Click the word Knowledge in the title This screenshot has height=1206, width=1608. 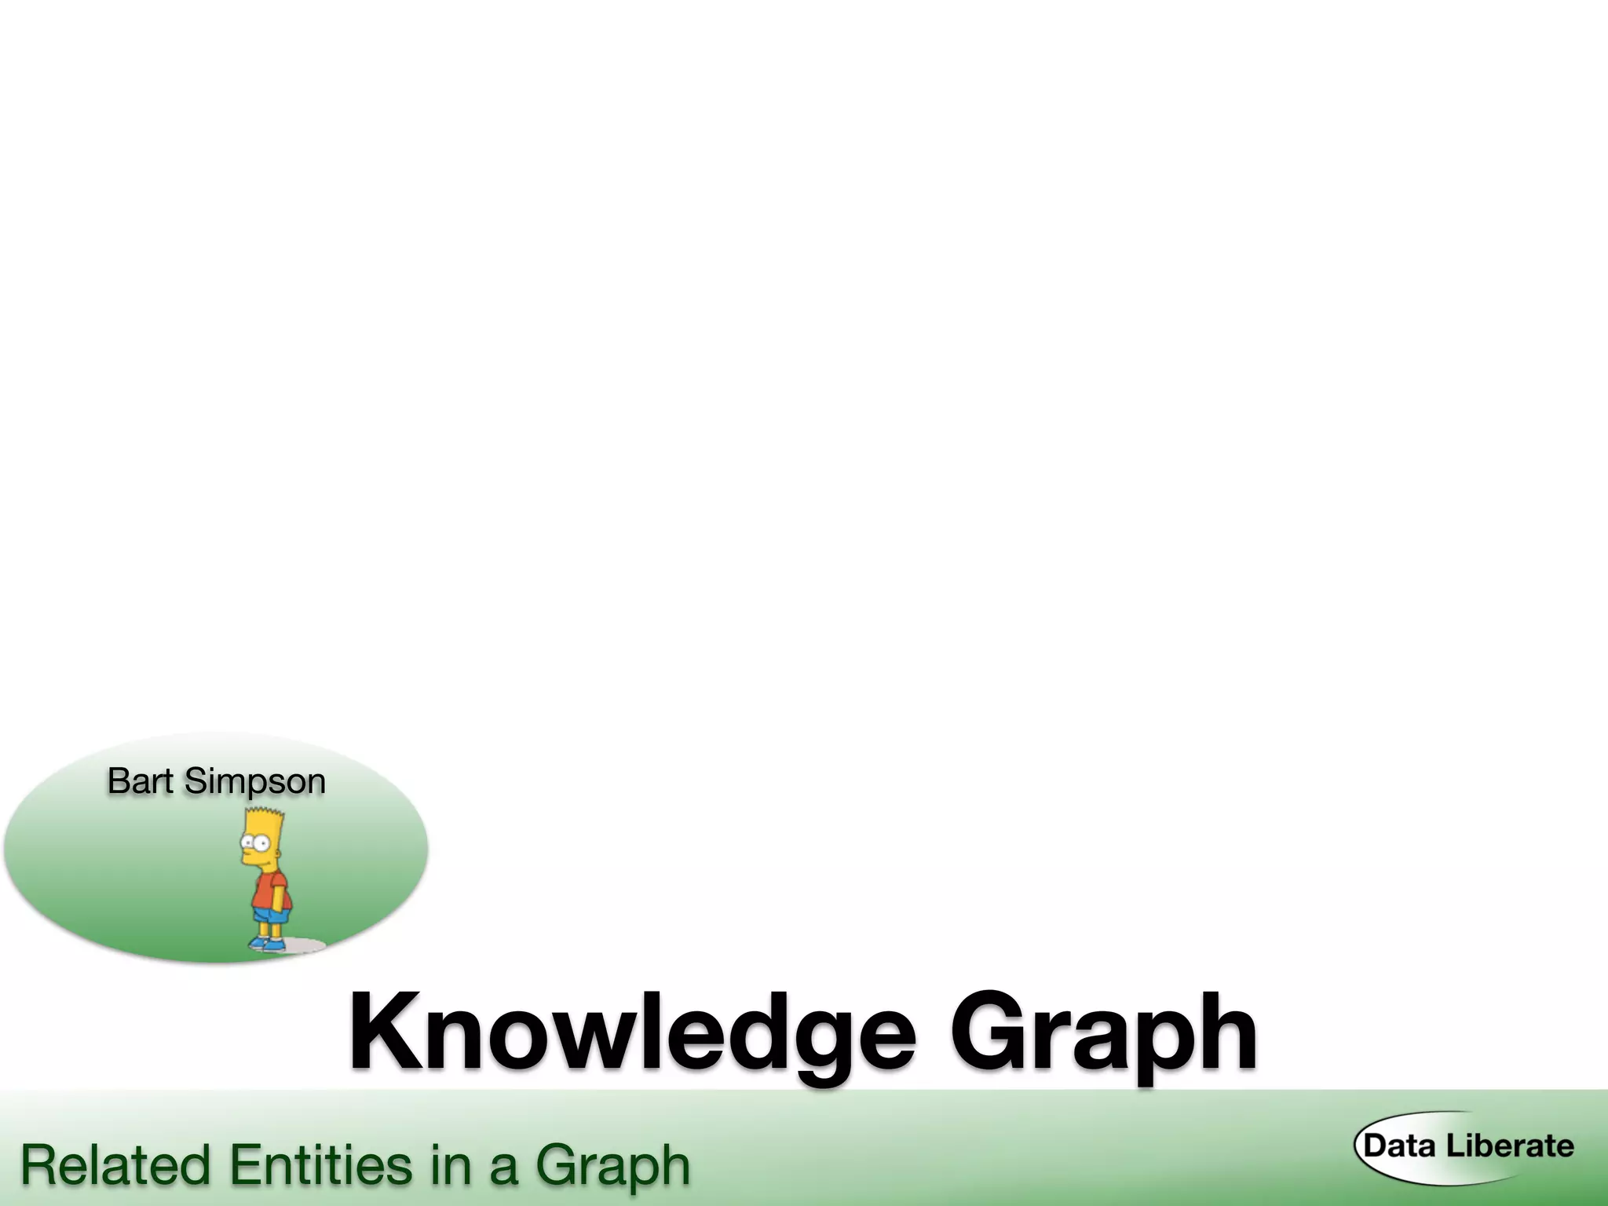(632, 1032)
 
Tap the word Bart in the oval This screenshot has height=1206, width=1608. (140, 781)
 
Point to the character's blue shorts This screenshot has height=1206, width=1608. (272, 915)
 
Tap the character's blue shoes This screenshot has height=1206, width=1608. (267, 943)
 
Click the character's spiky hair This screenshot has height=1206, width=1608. (262, 821)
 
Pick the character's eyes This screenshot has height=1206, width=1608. (254, 842)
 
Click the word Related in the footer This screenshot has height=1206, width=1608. (115, 1165)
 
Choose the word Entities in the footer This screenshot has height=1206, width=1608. (320, 1165)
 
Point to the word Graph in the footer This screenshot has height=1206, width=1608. (612, 1167)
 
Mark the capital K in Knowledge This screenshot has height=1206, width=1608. (389, 1032)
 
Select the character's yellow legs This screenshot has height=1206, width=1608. (269, 930)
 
